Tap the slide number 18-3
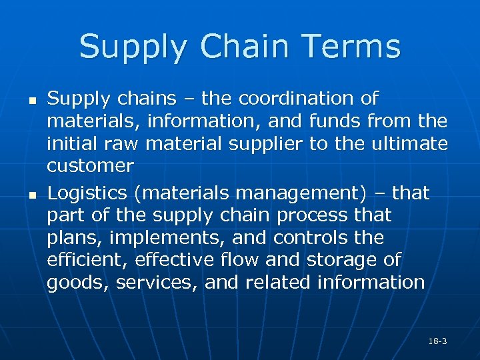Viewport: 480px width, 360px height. (437, 341)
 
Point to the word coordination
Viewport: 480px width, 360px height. (298, 99)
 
